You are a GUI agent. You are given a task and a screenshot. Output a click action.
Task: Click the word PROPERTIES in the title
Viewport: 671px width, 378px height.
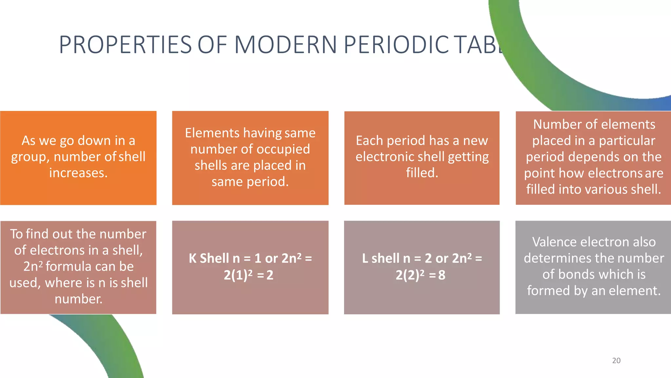pyautogui.click(x=125, y=45)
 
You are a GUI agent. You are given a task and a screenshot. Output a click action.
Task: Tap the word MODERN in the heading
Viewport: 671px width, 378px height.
pyautogui.click(x=286, y=45)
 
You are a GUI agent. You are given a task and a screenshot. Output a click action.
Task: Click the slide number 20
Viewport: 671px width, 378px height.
pyautogui.click(x=616, y=361)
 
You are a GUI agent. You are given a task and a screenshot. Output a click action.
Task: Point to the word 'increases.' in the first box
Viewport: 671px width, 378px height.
pyautogui.click(x=78, y=173)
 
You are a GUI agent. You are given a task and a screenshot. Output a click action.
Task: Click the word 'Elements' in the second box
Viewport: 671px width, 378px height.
pyautogui.click(x=212, y=133)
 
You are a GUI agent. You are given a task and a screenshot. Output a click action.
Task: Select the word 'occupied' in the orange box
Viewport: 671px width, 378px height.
pyautogui.click(x=283, y=149)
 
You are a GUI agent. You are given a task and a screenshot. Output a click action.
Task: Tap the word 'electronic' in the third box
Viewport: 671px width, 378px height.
pyautogui.click(x=382, y=157)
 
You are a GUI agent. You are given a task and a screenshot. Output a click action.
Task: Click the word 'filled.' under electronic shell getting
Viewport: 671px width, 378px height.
pyautogui.click(x=422, y=173)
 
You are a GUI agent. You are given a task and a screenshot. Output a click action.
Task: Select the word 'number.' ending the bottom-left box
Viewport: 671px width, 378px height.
pyautogui.click(x=78, y=299)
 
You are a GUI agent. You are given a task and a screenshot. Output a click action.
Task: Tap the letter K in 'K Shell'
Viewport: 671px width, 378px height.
pyautogui.click(x=193, y=259)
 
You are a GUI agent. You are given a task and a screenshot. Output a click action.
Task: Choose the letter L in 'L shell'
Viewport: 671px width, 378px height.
pyautogui.click(x=365, y=259)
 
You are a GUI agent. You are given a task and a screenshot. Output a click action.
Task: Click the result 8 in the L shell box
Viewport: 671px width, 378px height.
pyautogui.click(x=442, y=275)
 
